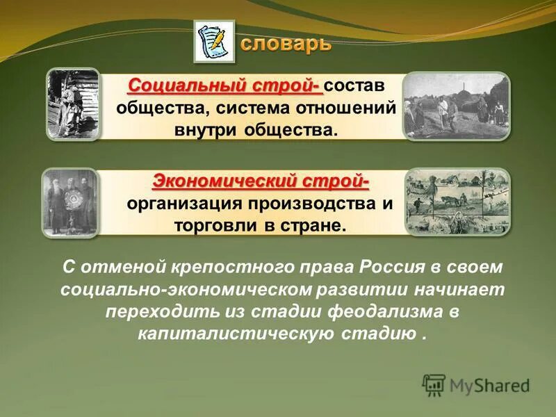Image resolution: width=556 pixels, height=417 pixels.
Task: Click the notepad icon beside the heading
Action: pyautogui.click(x=214, y=42)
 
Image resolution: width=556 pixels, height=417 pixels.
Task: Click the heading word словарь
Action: pyautogui.click(x=286, y=44)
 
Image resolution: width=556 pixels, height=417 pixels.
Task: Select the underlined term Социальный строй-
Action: pyautogui.click(x=225, y=85)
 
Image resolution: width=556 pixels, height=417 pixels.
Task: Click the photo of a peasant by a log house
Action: pyautogui.click(x=73, y=104)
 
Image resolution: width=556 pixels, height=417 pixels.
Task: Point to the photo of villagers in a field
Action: pyautogui.click(x=457, y=105)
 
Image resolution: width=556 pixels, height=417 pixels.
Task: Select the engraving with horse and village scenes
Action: pyautogui.click(x=457, y=202)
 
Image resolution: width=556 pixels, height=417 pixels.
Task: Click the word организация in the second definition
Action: pyautogui.click(x=183, y=205)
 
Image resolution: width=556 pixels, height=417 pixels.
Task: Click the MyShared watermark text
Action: pyautogui.click(x=489, y=384)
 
